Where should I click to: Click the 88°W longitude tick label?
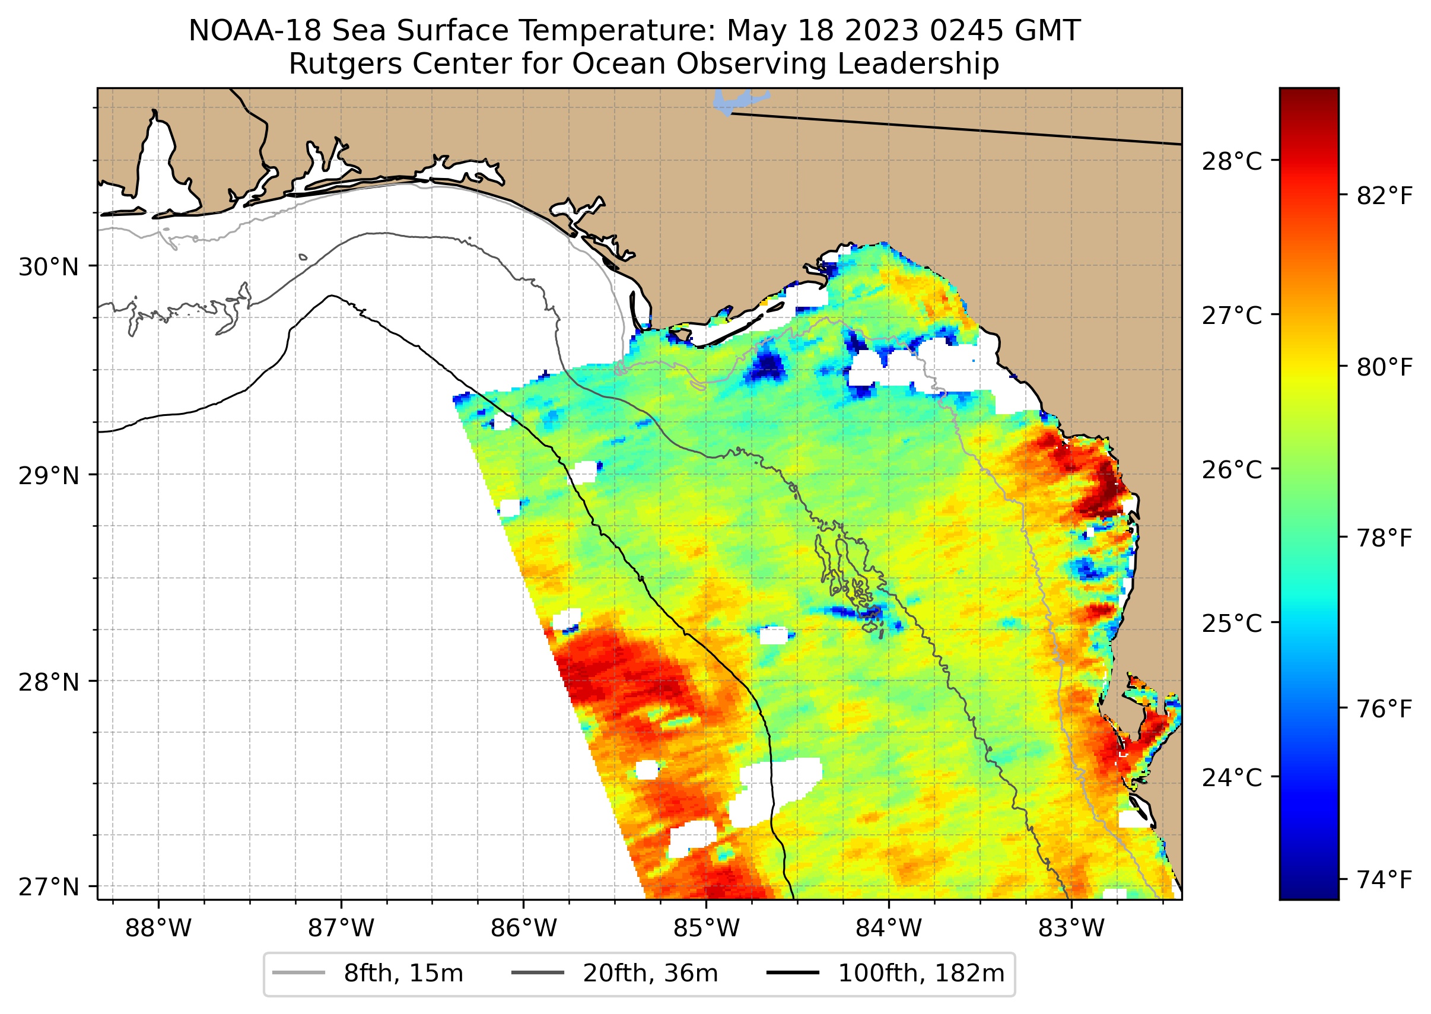[158, 929]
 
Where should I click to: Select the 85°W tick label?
[706, 929]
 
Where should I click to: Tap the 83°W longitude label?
[1071, 929]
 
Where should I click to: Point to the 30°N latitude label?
[49, 267]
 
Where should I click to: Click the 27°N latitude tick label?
[49, 886]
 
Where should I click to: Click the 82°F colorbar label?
[1384, 196]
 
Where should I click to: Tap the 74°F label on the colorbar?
[1384, 880]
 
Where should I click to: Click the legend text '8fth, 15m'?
[403, 974]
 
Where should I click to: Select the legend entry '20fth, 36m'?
[650, 974]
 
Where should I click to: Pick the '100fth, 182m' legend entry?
[921, 974]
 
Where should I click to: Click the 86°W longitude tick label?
[523, 929]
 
